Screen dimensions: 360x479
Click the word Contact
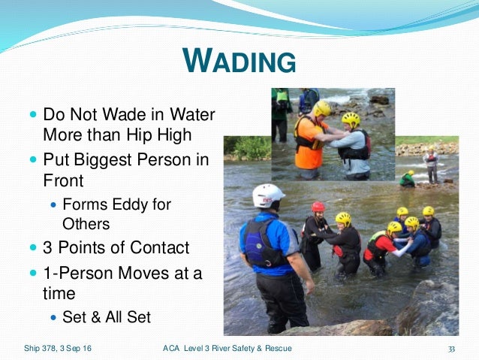(x=161, y=248)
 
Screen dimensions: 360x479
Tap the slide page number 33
(x=452, y=349)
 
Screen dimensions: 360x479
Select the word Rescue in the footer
(x=276, y=348)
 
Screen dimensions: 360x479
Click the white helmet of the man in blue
(x=268, y=195)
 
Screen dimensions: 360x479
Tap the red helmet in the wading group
(x=318, y=207)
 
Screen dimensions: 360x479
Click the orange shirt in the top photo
(x=307, y=143)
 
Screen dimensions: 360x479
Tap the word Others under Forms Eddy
(x=86, y=224)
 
